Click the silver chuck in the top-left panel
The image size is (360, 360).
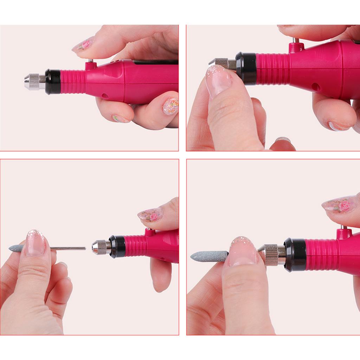[x=33, y=81]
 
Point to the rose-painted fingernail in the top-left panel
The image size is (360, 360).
[x=83, y=45]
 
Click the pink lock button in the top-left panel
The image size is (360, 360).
[x=91, y=65]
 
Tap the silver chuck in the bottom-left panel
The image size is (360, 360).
[x=101, y=247]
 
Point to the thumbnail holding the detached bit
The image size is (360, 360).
[x=36, y=243]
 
